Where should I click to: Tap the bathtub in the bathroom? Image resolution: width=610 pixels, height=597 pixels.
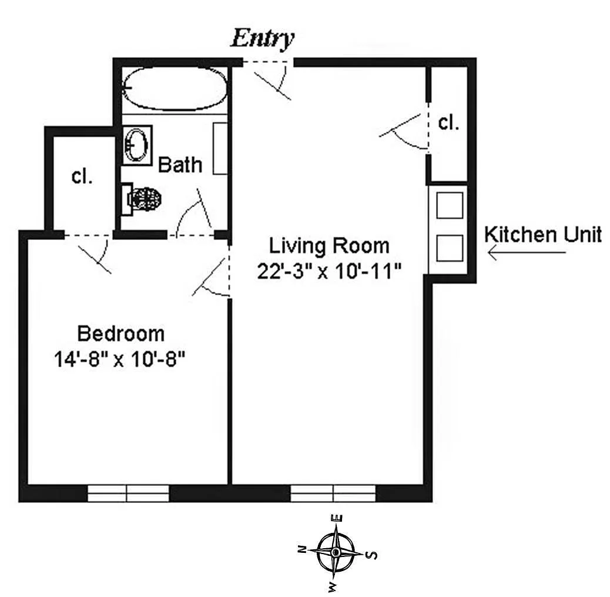point(175,88)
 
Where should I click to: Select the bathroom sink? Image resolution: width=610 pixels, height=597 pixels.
point(136,145)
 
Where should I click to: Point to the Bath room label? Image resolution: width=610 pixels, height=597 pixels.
point(180,165)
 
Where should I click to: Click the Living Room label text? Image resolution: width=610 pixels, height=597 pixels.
point(329,246)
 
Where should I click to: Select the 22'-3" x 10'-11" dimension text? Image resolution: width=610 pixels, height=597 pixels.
point(329,271)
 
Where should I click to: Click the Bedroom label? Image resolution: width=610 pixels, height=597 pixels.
point(121,333)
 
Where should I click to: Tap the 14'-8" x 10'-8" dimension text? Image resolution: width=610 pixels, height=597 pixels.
point(119,359)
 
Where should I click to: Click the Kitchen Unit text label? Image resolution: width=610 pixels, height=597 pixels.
point(543,235)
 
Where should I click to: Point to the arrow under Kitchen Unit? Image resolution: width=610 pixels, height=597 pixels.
point(527,253)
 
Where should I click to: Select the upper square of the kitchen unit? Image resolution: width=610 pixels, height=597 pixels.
point(450,206)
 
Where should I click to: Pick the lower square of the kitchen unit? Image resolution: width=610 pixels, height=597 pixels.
point(450,248)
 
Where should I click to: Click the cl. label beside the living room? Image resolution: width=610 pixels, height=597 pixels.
point(448,123)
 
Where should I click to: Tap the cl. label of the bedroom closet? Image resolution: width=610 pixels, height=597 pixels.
point(82,176)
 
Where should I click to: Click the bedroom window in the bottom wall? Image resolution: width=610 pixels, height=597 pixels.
point(128,493)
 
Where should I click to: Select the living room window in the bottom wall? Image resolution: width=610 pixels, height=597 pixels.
point(333,493)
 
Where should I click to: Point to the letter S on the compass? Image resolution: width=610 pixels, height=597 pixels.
point(373,555)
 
